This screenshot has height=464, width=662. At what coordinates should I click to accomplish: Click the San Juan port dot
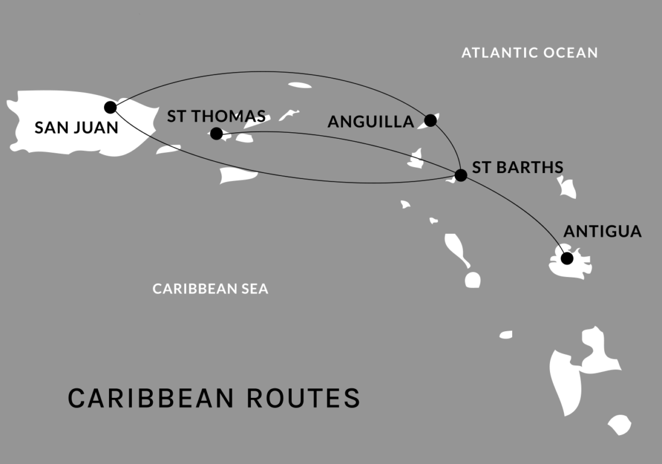pos(110,107)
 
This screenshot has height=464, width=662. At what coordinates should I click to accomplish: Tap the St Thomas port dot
pos(217,133)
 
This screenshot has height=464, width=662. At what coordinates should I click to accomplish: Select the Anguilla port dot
pos(430,120)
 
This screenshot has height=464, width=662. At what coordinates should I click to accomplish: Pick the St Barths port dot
pos(460,176)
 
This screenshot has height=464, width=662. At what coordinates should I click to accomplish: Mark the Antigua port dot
pos(566,258)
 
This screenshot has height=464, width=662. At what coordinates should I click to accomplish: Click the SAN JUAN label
pos(76,127)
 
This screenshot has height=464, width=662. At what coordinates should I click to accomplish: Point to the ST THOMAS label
pos(216,116)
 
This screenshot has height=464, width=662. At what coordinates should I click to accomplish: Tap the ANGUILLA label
pos(371,122)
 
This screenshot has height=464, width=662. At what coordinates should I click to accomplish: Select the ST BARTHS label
pos(518,167)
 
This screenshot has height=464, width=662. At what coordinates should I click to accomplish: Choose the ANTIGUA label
pos(602,231)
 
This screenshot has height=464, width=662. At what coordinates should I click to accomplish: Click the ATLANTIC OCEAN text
pos(530,53)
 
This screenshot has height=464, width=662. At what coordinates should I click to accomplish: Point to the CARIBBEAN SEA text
pos(210,289)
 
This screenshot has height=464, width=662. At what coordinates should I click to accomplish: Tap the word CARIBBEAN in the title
pos(151,398)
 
